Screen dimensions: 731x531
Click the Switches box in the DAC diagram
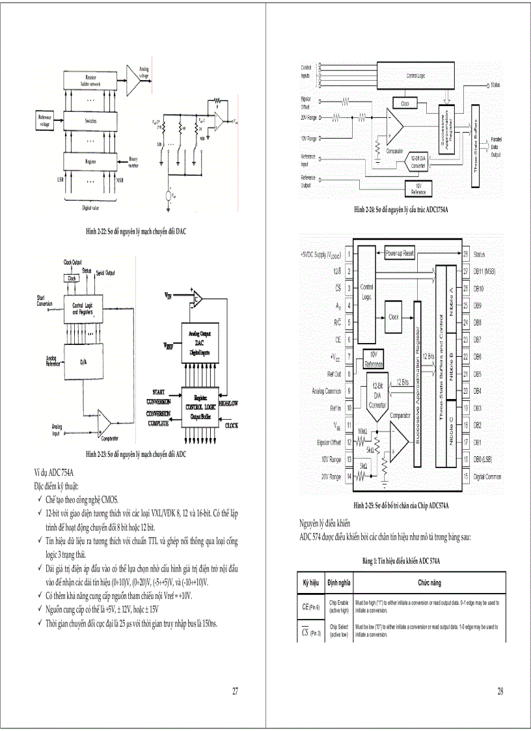tap(91, 121)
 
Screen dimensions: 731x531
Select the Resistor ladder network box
tap(91, 81)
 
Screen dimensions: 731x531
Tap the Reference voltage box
tap(44, 121)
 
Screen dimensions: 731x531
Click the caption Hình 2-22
tap(136, 231)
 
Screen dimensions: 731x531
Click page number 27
tap(235, 691)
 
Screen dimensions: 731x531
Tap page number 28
tap(500, 691)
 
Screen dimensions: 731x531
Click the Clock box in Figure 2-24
tap(404, 103)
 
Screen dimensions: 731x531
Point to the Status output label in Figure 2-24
tap(495, 85)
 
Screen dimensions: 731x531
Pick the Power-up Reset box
tap(400, 253)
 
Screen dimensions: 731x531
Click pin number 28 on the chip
tap(466, 254)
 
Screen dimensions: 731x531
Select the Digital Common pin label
tap(487, 476)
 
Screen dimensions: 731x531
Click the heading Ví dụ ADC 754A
tap(54, 471)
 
